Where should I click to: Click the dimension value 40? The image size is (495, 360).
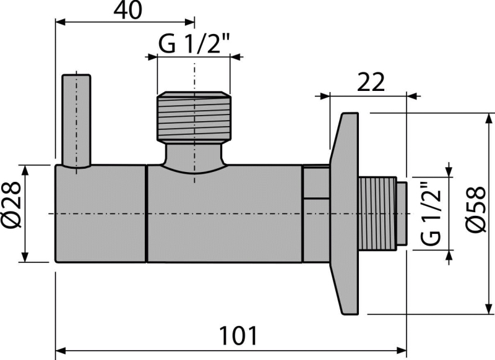pyautogui.click(x=128, y=10)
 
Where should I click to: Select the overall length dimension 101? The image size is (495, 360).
pyautogui.click(x=238, y=336)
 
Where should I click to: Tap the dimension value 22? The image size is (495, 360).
pyautogui.click(x=371, y=82)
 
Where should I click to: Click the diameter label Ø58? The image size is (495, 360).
pyautogui.click(x=476, y=210)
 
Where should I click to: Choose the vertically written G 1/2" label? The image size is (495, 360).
pyautogui.click(x=431, y=214)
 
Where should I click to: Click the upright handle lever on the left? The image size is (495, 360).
pyautogui.click(x=76, y=121)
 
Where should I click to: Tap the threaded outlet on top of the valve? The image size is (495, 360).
pyautogui.click(x=194, y=116)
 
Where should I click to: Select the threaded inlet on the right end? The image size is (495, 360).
pyautogui.click(x=377, y=213)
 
